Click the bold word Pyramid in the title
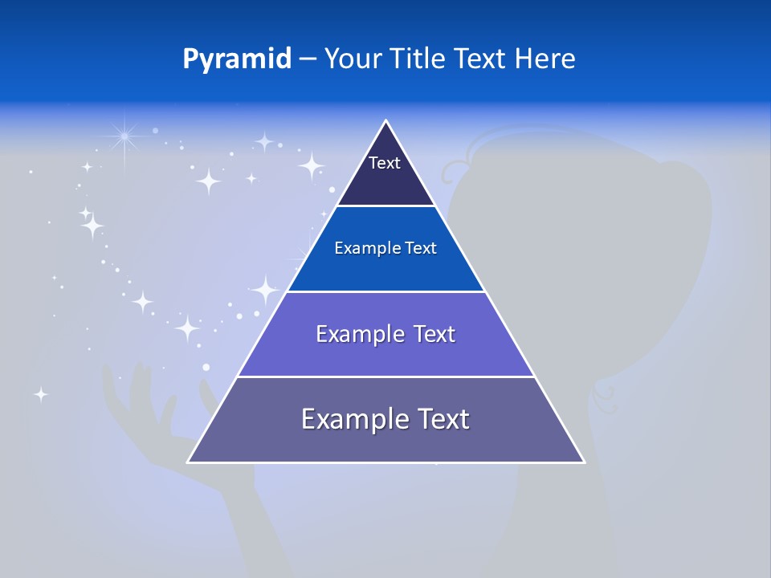click(x=237, y=59)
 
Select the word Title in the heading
click(x=420, y=59)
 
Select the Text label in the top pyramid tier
click(x=384, y=163)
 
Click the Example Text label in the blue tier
click(x=385, y=248)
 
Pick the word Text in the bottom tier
click(x=439, y=419)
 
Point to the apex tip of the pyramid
click(x=386, y=122)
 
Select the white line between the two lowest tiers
click(x=385, y=377)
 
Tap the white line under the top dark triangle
click(x=385, y=206)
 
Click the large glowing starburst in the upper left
click(x=124, y=137)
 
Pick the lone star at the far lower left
click(x=40, y=394)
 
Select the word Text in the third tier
click(x=426, y=334)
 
